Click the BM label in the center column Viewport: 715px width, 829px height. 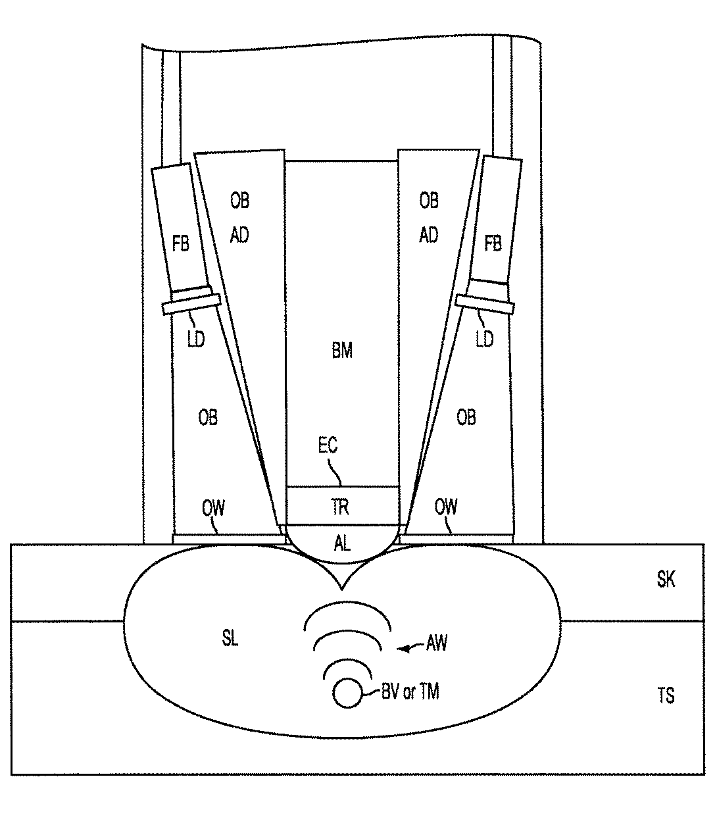pos(342,351)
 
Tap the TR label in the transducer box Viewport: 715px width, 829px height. pos(341,507)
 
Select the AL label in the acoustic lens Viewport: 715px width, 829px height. pos(342,543)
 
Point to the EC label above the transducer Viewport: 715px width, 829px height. pos(328,445)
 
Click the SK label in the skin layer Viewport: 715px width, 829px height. pos(666,580)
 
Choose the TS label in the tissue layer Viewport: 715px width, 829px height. pos(666,695)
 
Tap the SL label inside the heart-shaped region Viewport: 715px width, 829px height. pos(230,638)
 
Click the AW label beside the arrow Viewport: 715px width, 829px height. pos(436,643)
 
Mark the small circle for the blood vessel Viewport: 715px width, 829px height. pos(347,693)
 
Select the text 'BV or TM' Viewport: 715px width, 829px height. pos(410,691)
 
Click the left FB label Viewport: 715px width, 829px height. pos(180,244)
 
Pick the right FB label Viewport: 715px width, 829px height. pos(493,244)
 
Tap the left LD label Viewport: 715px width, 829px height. pos(196,339)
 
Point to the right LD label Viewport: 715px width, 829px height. pos(484,339)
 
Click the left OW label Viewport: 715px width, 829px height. pos(213,507)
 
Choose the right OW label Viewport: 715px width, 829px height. pos(446,507)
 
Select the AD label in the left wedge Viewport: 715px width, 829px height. pos(239,235)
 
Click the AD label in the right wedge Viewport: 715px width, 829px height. pos(428,235)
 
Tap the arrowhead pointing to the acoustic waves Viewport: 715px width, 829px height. pos(401,649)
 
